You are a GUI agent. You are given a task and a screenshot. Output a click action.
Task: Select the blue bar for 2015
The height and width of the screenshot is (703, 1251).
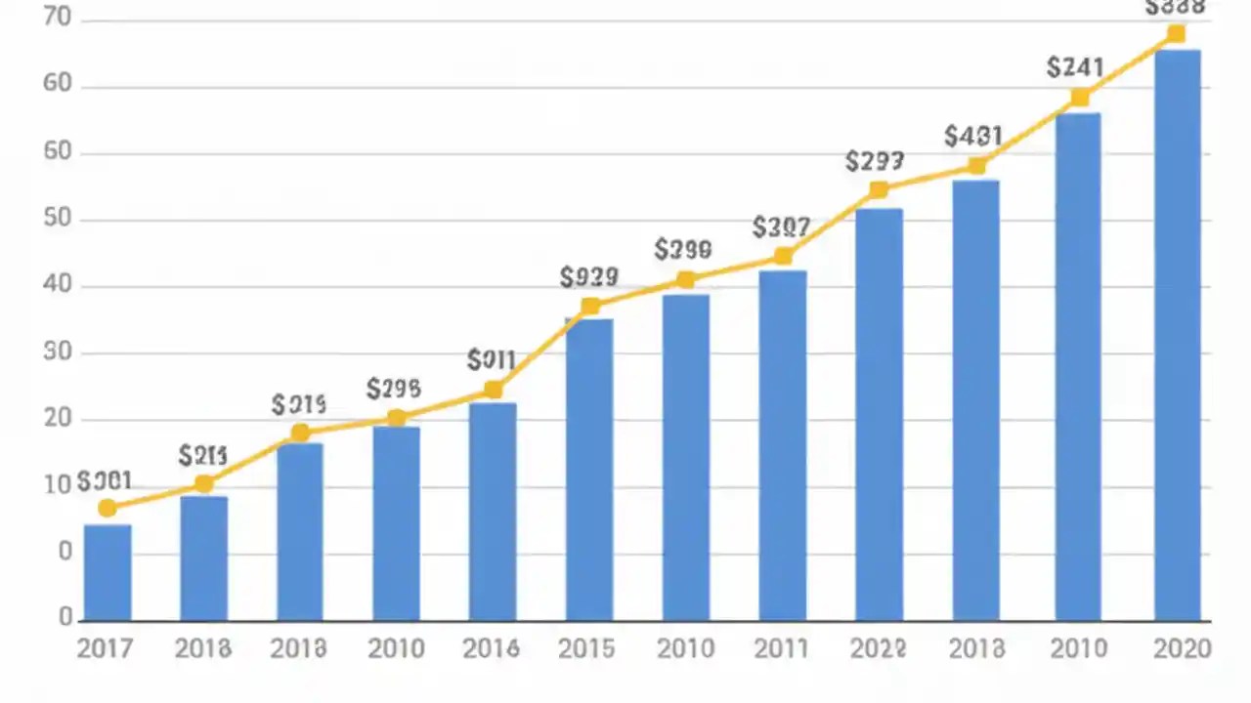point(589,469)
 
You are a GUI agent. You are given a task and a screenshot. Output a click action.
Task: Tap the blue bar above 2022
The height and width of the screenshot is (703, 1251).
point(879,414)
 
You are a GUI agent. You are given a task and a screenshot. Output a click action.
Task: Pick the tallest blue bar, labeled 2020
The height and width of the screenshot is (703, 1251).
point(1177,335)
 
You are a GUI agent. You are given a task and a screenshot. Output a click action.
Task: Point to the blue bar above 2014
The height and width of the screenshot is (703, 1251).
point(493,512)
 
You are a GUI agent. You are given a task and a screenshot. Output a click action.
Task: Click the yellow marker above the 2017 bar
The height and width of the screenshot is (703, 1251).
point(108,508)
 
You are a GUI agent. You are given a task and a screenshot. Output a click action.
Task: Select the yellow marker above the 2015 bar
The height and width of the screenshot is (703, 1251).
point(590,307)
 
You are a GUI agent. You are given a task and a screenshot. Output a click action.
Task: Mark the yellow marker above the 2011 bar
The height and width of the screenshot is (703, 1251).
point(783,257)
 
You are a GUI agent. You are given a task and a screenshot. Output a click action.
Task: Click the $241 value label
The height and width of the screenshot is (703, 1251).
point(1074,67)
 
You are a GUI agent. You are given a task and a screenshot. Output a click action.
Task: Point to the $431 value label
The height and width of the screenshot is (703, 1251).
point(973,137)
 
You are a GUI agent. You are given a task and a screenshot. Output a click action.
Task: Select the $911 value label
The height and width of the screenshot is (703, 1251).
point(491,360)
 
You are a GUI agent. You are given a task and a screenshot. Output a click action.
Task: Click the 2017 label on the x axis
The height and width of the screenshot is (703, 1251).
point(105,648)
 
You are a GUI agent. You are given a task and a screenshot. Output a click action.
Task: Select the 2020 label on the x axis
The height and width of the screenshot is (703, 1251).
point(1182,648)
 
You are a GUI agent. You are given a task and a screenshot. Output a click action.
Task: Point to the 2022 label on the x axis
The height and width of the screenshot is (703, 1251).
point(877,648)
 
